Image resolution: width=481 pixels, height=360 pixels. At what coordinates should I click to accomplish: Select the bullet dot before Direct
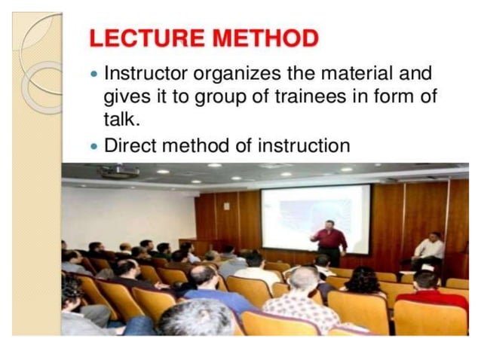click(93, 146)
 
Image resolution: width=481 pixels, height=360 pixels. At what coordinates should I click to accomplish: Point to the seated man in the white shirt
click(429, 250)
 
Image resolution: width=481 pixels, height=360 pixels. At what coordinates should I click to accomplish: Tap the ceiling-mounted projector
click(119, 172)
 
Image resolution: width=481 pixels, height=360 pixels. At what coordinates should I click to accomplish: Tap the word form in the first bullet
click(398, 99)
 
